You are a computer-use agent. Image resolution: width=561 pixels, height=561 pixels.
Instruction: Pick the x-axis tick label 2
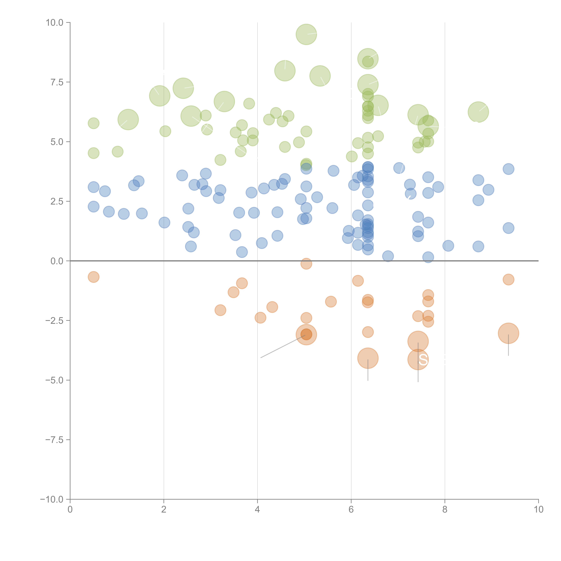pyautogui.click(x=164, y=510)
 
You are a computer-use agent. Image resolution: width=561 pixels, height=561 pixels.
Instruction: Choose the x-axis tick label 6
pyautogui.click(x=351, y=510)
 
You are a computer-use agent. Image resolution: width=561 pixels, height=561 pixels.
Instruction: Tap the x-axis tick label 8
pyautogui.click(x=445, y=510)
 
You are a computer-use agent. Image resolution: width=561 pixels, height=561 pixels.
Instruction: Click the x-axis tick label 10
pyautogui.click(x=538, y=510)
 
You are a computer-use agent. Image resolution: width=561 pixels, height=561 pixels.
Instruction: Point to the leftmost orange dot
pyautogui.click(x=93, y=277)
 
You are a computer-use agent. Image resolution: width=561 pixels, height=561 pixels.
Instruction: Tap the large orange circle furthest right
pyautogui.click(x=508, y=333)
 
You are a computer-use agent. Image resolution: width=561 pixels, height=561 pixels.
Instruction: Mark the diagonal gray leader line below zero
pyautogui.click(x=283, y=346)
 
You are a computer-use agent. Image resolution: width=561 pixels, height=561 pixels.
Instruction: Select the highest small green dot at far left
pyautogui.click(x=93, y=123)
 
